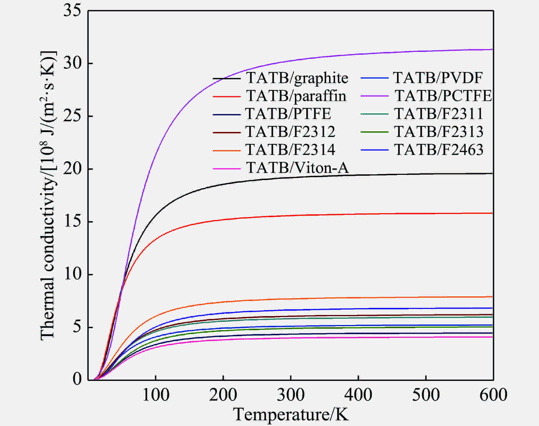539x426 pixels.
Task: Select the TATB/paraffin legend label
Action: pyautogui.click(x=296, y=96)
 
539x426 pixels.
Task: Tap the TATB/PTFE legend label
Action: pyautogui.click(x=288, y=114)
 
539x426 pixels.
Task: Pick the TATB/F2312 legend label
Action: pyautogui.click(x=290, y=132)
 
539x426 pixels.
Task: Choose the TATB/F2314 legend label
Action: pyautogui.click(x=290, y=150)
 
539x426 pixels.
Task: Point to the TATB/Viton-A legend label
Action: pyautogui.click(x=297, y=168)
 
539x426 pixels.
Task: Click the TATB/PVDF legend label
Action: pyautogui.click(x=438, y=78)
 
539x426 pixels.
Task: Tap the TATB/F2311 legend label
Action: pyautogui.click(x=439, y=114)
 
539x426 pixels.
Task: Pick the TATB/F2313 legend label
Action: pyautogui.click(x=439, y=132)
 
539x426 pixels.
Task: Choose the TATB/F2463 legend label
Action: pyautogui.click(x=439, y=150)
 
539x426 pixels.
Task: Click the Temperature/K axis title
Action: pyautogui.click(x=291, y=414)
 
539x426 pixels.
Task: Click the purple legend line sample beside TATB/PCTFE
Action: pyautogui.click(x=374, y=96)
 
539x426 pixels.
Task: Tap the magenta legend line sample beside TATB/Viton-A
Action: pyautogui.click(x=227, y=168)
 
